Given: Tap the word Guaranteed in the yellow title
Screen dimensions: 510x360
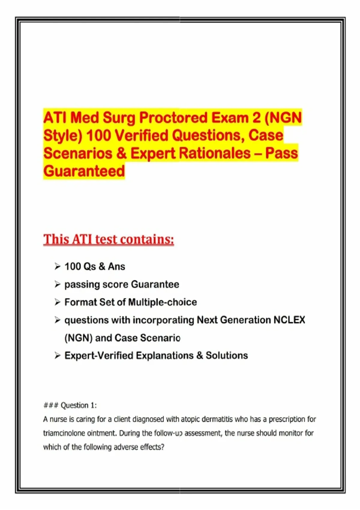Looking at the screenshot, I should tap(84, 171).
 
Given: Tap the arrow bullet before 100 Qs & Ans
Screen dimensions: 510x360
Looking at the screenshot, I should tap(58, 266).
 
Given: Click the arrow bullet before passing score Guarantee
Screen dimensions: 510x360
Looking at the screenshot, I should tap(58, 284).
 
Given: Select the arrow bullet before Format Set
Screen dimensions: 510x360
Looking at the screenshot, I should tap(58, 302).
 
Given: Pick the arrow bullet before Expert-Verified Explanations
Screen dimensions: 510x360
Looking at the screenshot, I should tap(58, 355).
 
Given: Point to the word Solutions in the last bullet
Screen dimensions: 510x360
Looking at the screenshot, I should tap(227, 355).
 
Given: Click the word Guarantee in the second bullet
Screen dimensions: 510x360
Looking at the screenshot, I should tap(155, 284).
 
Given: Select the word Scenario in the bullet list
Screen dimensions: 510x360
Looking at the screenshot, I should tap(160, 338).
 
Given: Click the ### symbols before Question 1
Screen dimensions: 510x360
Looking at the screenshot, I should tap(51, 406).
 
